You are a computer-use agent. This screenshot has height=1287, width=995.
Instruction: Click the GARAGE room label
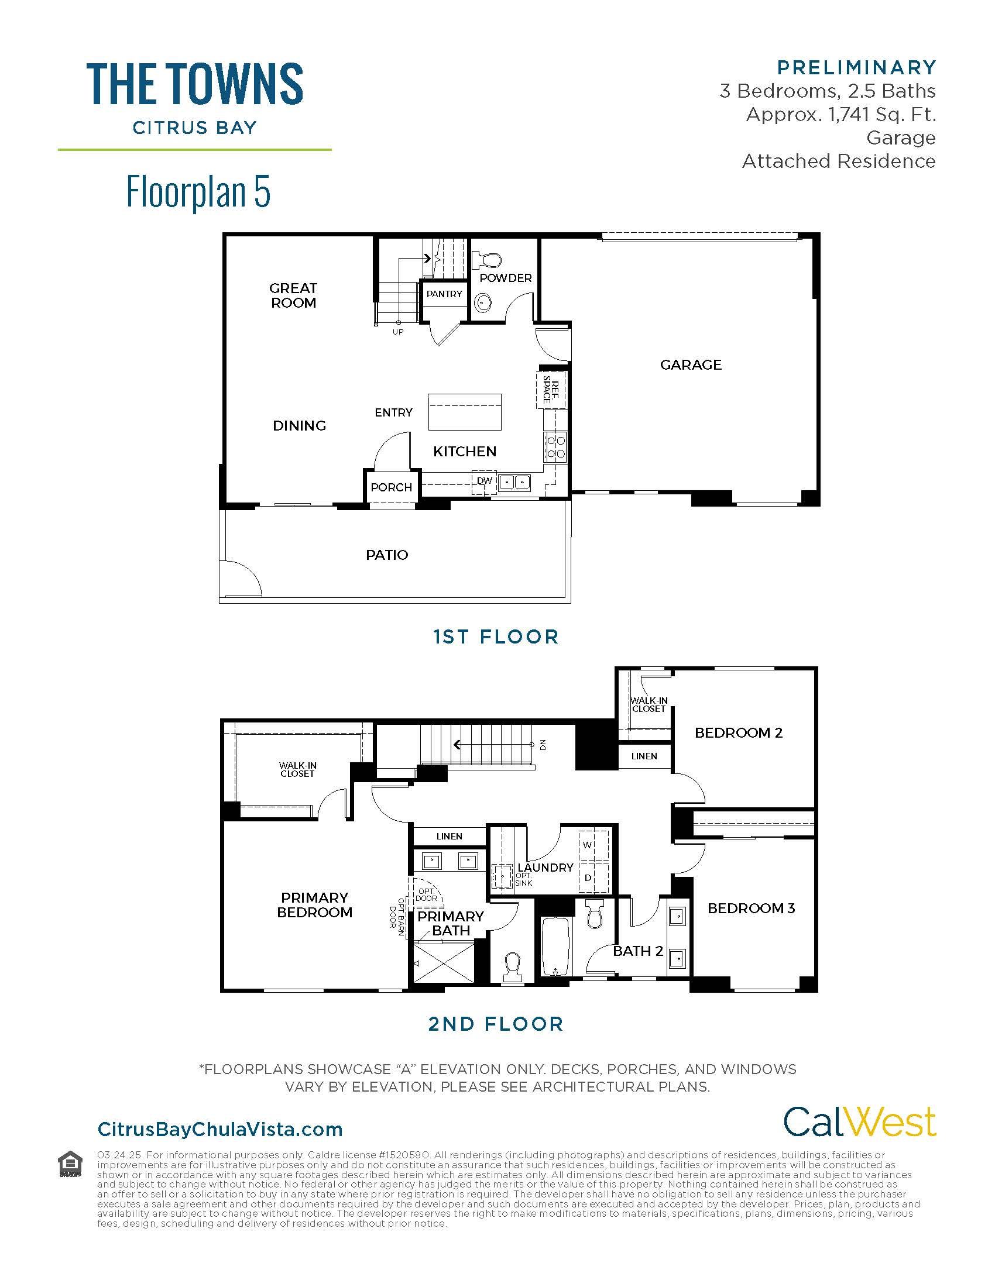(x=690, y=365)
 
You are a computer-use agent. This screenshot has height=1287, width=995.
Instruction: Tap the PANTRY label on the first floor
(x=444, y=294)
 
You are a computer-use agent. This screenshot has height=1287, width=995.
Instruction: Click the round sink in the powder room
(x=483, y=304)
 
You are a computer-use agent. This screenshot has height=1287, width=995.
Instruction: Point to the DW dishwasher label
(x=484, y=481)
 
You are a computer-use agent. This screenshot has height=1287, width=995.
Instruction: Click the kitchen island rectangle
(x=465, y=411)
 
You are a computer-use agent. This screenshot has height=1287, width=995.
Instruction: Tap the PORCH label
(x=391, y=487)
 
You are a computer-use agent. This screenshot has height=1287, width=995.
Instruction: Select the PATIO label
(x=387, y=555)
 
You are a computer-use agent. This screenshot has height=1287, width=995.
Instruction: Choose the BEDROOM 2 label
(x=738, y=732)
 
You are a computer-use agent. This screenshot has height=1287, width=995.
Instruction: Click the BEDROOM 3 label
(x=751, y=908)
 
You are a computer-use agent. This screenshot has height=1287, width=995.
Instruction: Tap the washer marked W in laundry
(x=587, y=845)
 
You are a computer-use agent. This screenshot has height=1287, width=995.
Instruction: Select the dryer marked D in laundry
(x=587, y=878)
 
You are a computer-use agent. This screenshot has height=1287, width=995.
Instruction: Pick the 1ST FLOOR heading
(x=496, y=636)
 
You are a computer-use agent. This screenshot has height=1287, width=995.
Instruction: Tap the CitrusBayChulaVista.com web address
(x=220, y=1129)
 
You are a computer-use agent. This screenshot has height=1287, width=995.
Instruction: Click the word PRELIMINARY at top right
(x=856, y=68)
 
